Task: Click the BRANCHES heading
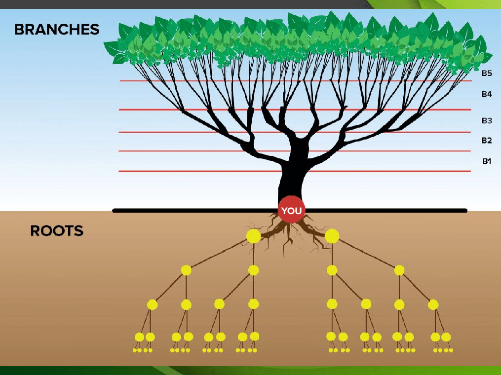click(x=57, y=29)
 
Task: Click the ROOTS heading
click(x=57, y=230)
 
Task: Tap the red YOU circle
click(x=291, y=211)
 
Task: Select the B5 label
click(x=487, y=73)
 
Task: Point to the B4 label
click(x=487, y=94)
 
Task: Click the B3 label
click(x=487, y=120)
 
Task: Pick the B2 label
click(x=487, y=141)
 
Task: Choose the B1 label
click(x=487, y=161)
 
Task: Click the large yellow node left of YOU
click(x=253, y=236)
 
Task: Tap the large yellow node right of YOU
click(x=332, y=236)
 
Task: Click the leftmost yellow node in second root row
click(x=186, y=270)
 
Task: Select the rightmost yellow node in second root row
click(x=399, y=270)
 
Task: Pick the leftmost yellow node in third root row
click(x=152, y=304)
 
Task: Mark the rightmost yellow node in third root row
click(x=433, y=304)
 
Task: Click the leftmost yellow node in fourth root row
click(x=139, y=337)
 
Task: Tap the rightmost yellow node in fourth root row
click(x=446, y=337)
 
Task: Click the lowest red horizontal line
click(x=197, y=171)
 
